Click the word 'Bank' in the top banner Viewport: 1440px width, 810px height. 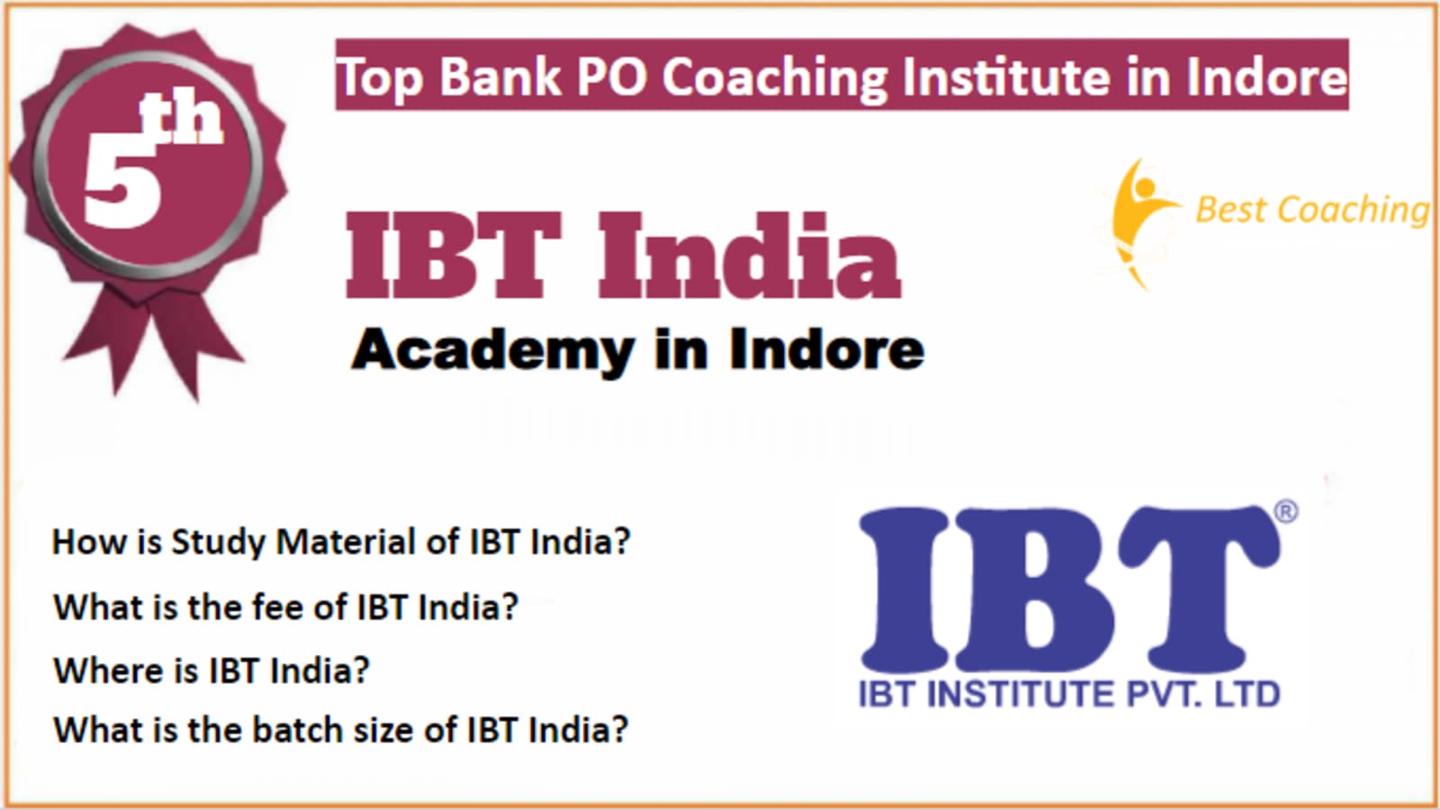499,76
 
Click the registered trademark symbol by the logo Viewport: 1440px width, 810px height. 1285,512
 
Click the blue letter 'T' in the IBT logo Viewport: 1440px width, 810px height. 1198,588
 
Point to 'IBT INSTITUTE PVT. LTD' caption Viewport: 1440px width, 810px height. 1070,694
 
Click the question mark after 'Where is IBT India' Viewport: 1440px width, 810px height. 359,670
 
